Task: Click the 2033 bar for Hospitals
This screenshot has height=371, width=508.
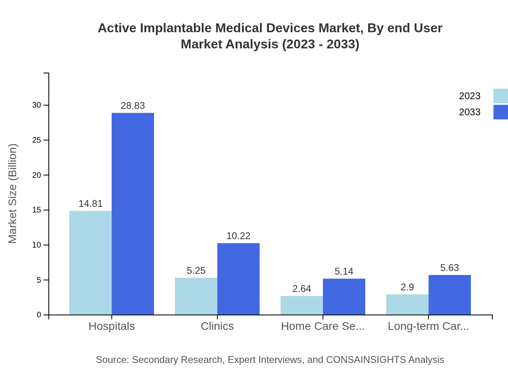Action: (x=133, y=214)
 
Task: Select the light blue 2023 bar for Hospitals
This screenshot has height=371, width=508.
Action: (x=90, y=263)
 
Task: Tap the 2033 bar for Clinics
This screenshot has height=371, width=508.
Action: (x=238, y=279)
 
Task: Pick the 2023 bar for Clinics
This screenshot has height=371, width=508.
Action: (x=196, y=296)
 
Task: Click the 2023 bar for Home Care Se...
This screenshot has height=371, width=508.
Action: (x=302, y=305)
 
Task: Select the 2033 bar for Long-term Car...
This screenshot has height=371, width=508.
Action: (x=450, y=295)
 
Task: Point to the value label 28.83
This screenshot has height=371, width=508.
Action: (x=133, y=106)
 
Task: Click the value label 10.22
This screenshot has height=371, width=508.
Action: (x=238, y=236)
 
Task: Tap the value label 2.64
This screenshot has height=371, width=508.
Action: (x=302, y=289)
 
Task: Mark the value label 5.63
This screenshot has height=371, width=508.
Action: (x=450, y=268)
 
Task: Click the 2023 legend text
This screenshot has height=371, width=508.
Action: (x=470, y=96)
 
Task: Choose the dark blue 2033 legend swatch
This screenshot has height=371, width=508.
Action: (x=500, y=112)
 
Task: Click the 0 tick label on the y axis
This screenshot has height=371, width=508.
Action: (x=39, y=315)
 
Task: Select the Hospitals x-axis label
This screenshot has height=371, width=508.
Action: (x=112, y=326)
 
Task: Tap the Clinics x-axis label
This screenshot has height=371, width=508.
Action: (x=217, y=326)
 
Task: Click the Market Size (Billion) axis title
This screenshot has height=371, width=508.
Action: (x=13, y=194)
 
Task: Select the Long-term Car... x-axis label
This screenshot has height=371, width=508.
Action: (x=428, y=326)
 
